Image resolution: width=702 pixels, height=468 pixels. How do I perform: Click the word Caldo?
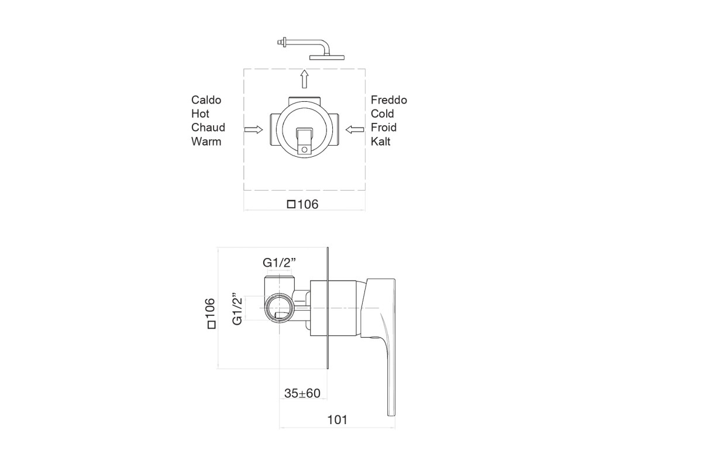206,100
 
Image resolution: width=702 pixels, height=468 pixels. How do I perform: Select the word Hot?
200,114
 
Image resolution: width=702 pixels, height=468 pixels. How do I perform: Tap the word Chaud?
208,128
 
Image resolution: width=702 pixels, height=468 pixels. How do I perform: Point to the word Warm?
206,142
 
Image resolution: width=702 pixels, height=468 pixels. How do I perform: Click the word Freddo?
389,100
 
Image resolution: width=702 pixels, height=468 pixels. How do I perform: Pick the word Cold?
383,114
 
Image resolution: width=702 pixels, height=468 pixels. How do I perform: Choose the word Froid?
384,128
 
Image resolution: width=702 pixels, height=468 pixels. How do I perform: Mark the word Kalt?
380,142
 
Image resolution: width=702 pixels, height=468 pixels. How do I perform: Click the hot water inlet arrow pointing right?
253,129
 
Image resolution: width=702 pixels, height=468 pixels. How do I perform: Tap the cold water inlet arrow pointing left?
355,129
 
